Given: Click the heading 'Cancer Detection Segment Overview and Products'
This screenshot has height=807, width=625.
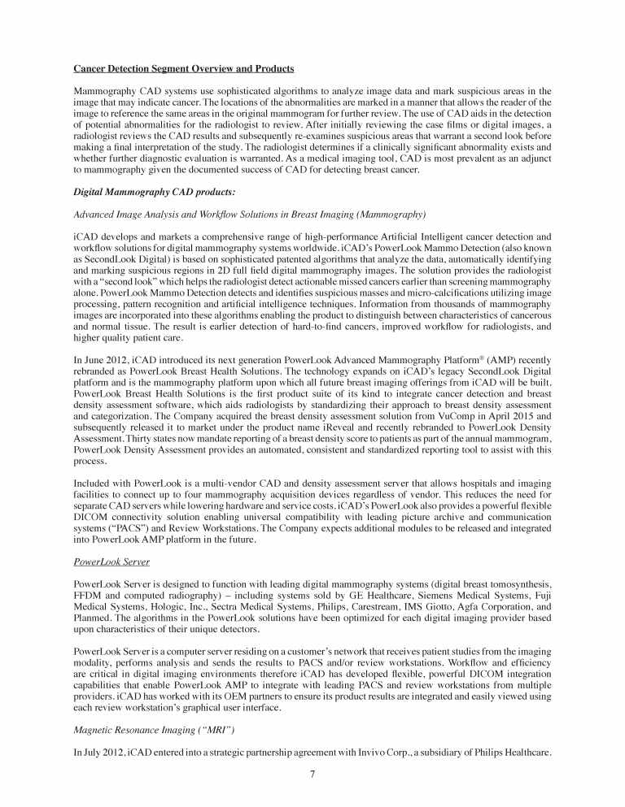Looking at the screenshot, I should coord(184,67).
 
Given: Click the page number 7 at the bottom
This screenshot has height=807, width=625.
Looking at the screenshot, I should coord(312,774).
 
